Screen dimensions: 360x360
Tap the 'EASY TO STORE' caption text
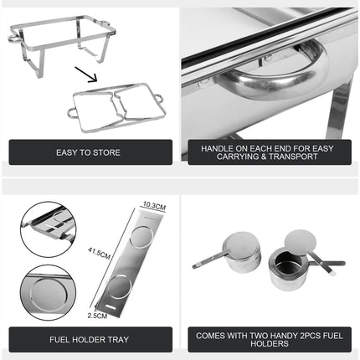89,152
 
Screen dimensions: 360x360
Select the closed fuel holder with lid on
240,251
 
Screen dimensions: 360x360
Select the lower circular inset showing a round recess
49,292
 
